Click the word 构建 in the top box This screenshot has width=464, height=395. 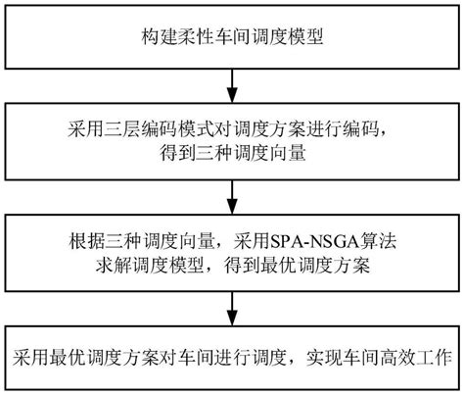pos(160,36)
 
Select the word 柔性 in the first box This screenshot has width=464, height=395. pos(196,36)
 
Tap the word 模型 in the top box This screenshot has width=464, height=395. pos(305,36)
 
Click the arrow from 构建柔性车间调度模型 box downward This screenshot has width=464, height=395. pos(232,85)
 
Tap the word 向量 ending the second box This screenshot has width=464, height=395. pos(288,152)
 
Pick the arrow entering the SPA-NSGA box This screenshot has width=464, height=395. pos(232,197)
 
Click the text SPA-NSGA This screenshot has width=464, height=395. pos(313,241)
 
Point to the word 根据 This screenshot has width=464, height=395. pos(86,241)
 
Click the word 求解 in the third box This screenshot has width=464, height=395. pos(114,265)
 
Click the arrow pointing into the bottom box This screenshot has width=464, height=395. pos(232,309)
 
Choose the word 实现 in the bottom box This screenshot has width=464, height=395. pos(324,358)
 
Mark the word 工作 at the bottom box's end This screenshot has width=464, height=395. pos(434,358)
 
